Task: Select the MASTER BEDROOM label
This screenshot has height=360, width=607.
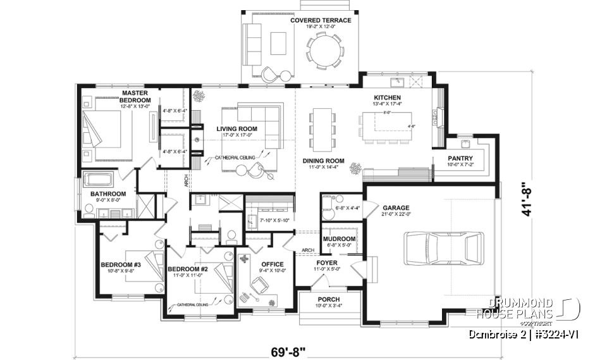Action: click(x=135, y=97)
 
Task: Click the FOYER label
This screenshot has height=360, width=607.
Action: click(x=327, y=262)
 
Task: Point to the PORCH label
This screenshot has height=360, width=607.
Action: click(x=328, y=299)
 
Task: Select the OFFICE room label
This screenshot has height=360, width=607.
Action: click(x=272, y=264)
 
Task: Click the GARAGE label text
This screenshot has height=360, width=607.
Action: click(x=395, y=208)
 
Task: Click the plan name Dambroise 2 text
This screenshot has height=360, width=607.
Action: click(x=496, y=333)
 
